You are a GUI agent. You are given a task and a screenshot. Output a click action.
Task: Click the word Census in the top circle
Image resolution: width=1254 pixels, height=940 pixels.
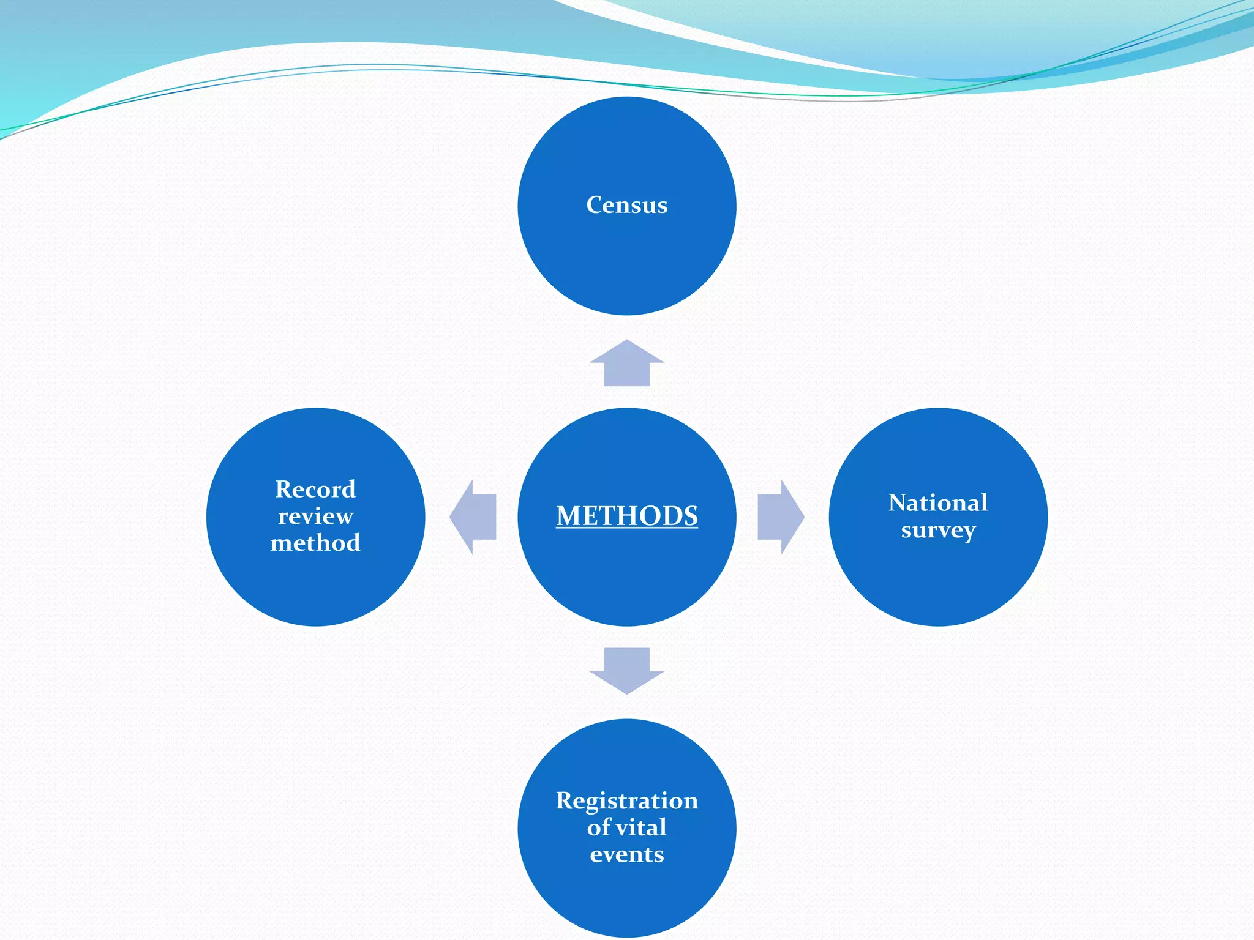pyautogui.click(x=626, y=205)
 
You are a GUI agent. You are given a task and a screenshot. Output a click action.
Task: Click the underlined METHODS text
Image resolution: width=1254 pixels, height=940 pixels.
pyautogui.click(x=626, y=516)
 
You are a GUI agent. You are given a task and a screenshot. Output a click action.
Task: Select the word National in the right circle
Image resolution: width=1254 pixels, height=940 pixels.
pyautogui.click(x=937, y=503)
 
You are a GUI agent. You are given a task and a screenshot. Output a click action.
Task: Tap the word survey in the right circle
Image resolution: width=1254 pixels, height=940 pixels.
pyautogui.click(x=937, y=530)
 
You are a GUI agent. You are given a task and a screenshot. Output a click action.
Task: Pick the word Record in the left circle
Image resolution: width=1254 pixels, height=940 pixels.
pyautogui.click(x=315, y=490)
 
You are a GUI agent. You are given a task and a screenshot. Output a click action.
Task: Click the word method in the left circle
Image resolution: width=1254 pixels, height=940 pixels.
pyautogui.click(x=315, y=543)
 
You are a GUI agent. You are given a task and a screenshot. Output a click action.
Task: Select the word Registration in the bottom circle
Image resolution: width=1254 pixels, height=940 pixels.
pyautogui.click(x=626, y=801)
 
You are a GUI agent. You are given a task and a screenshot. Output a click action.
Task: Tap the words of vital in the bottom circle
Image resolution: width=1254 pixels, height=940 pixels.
pyautogui.click(x=626, y=827)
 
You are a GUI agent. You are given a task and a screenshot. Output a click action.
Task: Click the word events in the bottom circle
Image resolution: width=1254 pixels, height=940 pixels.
pyautogui.click(x=626, y=854)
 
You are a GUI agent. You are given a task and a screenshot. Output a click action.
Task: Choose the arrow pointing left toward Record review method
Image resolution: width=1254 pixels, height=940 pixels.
pyautogui.click(x=473, y=517)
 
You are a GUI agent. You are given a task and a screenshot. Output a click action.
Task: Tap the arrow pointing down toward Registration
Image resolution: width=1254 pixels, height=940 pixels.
pyautogui.click(x=626, y=670)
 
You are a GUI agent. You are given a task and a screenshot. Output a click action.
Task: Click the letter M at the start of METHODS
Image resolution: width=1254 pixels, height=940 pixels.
pyautogui.click(x=568, y=516)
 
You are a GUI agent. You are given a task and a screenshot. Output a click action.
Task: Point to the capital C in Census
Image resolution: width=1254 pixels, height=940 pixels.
pyautogui.click(x=595, y=205)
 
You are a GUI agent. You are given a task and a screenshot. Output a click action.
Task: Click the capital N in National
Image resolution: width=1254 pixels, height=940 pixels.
pyautogui.click(x=898, y=503)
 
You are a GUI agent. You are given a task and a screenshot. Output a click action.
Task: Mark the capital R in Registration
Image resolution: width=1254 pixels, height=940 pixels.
pyautogui.click(x=565, y=801)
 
